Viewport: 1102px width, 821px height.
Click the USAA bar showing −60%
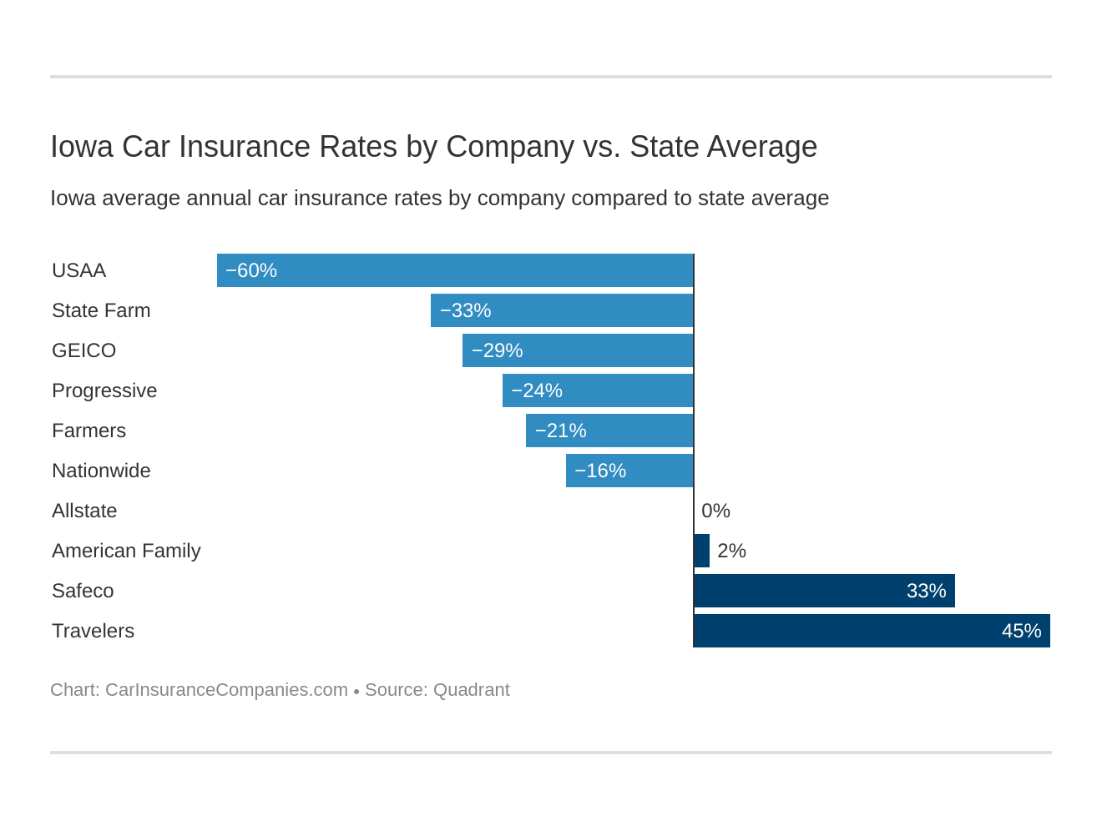(x=455, y=270)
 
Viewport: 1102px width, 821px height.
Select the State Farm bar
(x=562, y=310)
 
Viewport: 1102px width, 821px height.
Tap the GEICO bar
(x=578, y=350)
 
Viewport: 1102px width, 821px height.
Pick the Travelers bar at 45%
(x=872, y=631)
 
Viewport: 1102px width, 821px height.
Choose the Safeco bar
(x=824, y=591)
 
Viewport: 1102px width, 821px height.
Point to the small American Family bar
(x=702, y=551)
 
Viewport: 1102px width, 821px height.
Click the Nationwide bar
(x=629, y=471)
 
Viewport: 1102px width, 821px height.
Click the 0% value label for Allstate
(x=715, y=511)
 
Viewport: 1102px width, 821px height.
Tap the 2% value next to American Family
(x=731, y=551)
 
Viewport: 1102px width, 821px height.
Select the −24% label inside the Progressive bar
(x=537, y=390)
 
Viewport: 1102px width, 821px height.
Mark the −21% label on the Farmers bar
(x=560, y=431)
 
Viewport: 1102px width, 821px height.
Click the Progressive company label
(x=104, y=390)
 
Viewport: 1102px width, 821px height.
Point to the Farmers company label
(x=88, y=431)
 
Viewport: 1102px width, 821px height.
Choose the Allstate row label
(x=84, y=511)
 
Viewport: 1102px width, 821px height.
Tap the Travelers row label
(x=93, y=631)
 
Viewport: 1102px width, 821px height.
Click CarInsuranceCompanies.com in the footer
(x=226, y=690)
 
